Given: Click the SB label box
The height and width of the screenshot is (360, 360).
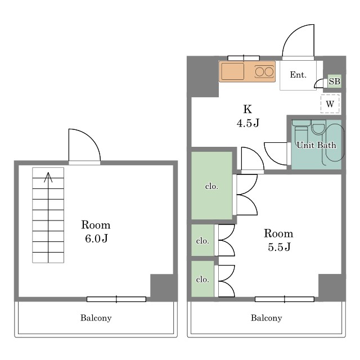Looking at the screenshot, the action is (x=334, y=81).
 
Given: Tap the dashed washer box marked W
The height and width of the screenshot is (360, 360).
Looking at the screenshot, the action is (x=330, y=103).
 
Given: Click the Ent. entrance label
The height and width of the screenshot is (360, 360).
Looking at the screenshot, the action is (x=298, y=75).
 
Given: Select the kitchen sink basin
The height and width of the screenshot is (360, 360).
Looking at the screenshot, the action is (x=232, y=71).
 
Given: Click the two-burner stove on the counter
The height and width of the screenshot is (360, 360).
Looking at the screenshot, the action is (x=264, y=71).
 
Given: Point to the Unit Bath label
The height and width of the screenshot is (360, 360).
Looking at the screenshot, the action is (x=316, y=145).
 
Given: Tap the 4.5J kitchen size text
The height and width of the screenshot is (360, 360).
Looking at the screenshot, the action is (x=247, y=123).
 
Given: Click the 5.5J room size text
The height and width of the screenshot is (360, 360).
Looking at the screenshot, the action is (x=279, y=247).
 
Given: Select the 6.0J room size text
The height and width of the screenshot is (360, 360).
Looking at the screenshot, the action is (x=96, y=238).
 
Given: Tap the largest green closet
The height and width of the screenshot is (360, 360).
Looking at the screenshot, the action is (x=211, y=186).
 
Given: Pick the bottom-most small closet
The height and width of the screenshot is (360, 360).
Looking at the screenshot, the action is (x=202, y=279).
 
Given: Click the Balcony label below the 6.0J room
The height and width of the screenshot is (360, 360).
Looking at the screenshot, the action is (x=96, y=318).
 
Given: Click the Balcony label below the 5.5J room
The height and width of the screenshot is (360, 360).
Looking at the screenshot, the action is (x=266, y=318).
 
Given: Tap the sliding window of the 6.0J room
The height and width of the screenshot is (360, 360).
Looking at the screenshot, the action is (x=116, y=299).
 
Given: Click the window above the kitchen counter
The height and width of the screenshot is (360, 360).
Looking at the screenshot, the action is (x=244, y=58).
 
